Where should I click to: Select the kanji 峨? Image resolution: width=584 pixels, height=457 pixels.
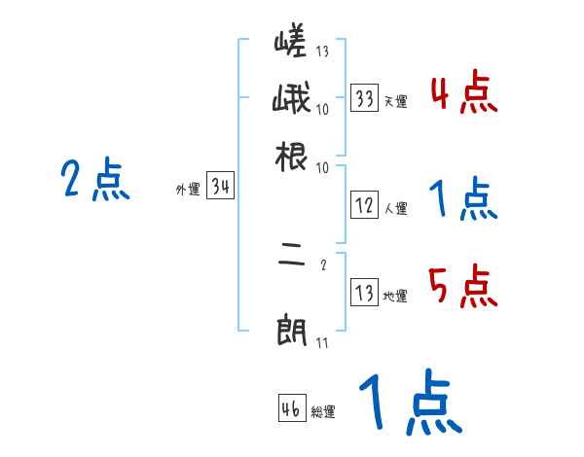(292, 100)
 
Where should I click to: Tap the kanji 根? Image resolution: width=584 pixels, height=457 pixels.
(292, 155)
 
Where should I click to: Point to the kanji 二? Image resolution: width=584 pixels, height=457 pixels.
(292, 262)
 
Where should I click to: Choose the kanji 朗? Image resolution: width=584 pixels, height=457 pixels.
(292, 331)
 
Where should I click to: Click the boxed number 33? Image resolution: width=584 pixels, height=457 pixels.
(364, 98)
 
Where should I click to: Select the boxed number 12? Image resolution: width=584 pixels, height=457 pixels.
(364, 205)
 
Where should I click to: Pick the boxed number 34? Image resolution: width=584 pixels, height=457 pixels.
(220, 188)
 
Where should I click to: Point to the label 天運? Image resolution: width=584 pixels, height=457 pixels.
(396, 101)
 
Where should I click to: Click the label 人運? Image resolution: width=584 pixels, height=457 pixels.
(396, 208)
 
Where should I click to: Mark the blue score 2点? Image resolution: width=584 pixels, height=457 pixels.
(95, 180)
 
